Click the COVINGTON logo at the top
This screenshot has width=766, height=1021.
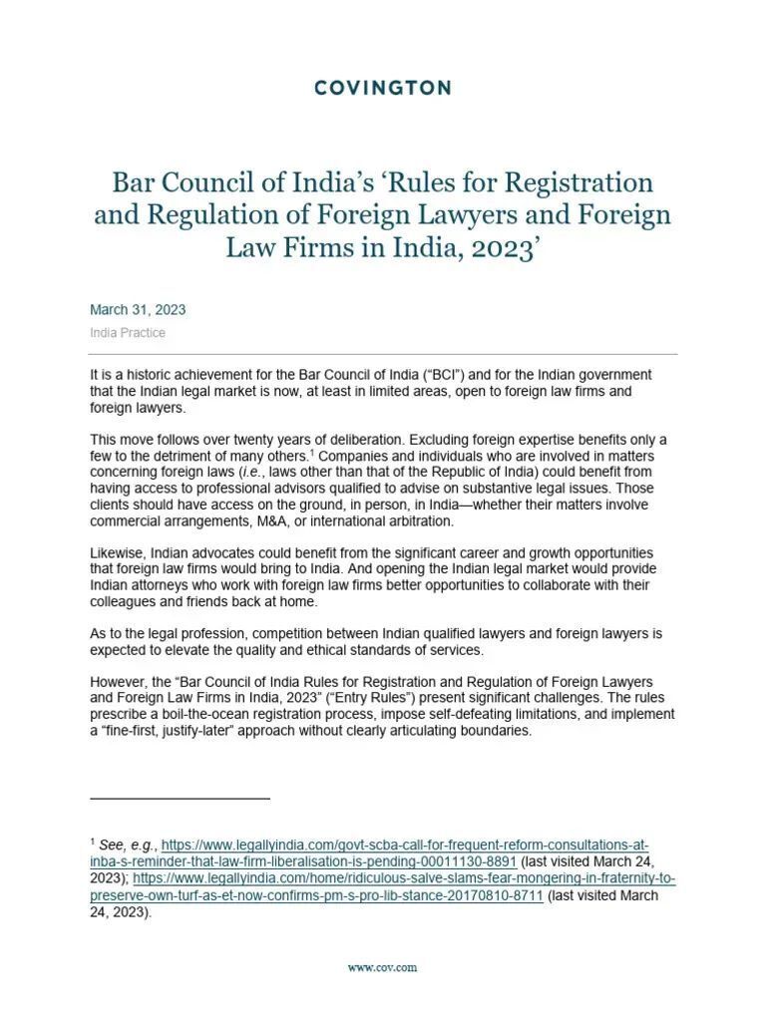382,88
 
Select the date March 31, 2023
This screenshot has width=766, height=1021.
138,310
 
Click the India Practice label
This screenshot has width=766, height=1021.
128,333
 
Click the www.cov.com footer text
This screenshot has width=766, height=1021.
382,967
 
